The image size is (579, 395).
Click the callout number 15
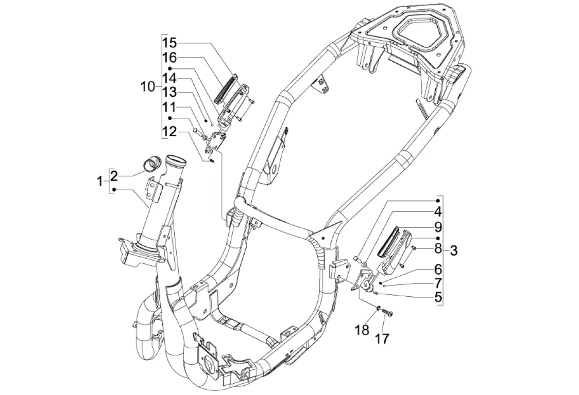coord(170,43)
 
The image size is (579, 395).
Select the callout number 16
coord(170,58)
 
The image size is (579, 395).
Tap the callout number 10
coord(149,87)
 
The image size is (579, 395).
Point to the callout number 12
coord(170,132)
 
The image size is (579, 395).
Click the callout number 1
coord(100,182)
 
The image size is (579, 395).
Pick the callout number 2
coord(114,176)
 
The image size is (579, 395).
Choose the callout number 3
coord(454,251)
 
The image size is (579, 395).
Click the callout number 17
coord(382,338)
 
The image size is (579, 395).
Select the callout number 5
coord(438,297)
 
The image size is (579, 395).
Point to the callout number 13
coord(170,92)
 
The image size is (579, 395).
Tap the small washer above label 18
coord(379,307)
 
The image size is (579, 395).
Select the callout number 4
coord(438,212)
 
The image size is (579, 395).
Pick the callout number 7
coord(438,283)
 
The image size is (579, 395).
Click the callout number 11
coord(170,107)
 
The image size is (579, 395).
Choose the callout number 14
coord(170,79)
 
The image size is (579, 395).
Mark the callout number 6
coord(438,269)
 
